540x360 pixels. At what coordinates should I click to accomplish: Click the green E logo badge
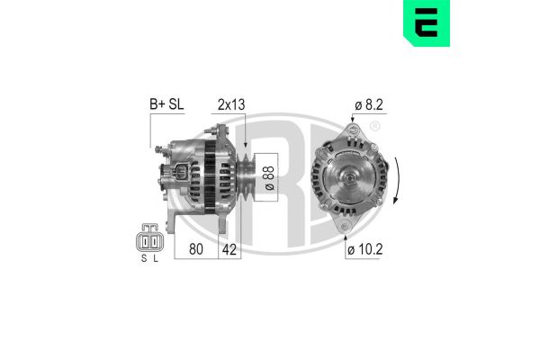coord(420,24)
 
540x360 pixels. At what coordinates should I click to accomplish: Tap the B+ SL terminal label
coord(165,104)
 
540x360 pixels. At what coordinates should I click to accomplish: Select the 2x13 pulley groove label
coord(230,104)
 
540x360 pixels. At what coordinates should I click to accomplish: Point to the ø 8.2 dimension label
coord(369,104)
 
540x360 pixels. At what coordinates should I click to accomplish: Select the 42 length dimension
coord(231,249)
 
